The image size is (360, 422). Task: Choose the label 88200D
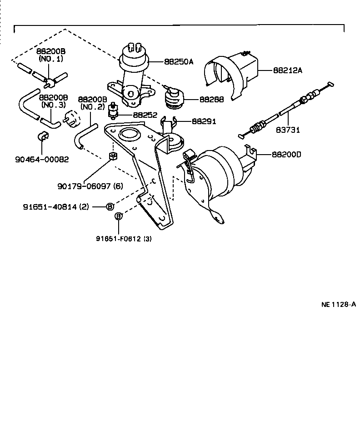point(286,155)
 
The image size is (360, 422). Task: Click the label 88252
point(145,116)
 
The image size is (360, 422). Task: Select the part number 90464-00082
point(41,159)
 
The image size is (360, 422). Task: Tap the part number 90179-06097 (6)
point(90,186)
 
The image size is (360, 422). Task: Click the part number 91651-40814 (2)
point(56,206)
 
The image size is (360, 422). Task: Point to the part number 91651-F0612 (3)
point(123,238)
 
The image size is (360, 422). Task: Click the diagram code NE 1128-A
point(338,304)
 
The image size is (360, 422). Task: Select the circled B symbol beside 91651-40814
point(110,206)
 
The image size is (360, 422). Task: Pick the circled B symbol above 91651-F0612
point(118,216)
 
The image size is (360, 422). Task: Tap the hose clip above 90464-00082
point(42,137)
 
